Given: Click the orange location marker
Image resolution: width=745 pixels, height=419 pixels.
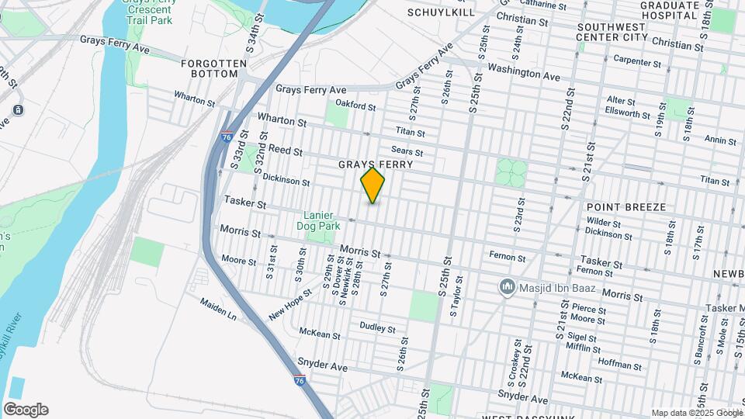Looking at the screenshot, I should (372, 185).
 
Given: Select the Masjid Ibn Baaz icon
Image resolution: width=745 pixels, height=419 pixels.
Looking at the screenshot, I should (508, 288).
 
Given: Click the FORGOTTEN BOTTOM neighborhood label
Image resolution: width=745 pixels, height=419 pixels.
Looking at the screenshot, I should (213, 68).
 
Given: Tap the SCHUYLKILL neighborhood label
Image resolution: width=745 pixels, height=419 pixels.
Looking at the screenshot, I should (440, 12).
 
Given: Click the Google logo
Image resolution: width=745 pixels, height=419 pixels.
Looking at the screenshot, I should (26, 410).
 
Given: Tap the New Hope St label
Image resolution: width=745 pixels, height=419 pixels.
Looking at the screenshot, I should (290, 305).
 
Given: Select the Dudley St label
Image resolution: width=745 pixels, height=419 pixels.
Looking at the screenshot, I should (378, 327).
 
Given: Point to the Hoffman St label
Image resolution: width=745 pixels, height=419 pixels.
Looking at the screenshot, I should (619, 365).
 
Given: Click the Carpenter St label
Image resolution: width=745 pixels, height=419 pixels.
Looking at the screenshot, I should (636, 61).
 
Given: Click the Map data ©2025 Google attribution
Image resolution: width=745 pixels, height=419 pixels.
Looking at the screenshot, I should (697, 413).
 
